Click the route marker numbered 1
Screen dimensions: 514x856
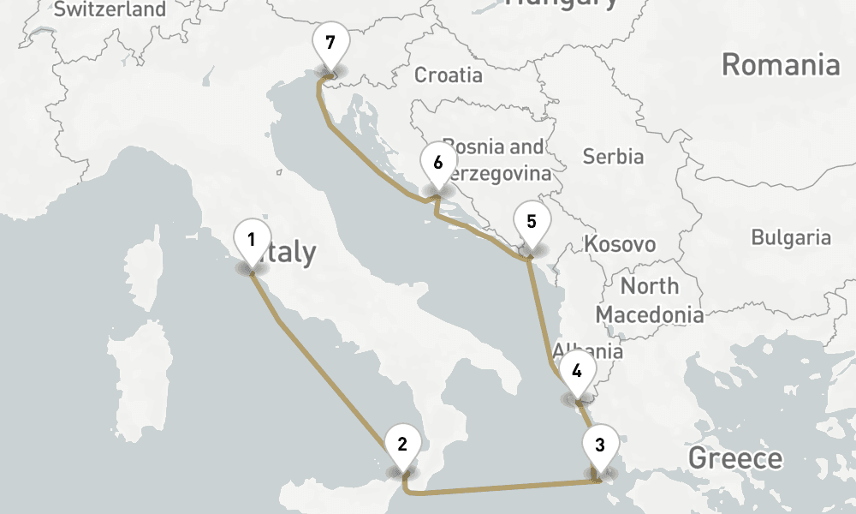(x=252, y=241)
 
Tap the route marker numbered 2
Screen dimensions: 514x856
(x=402, y=445)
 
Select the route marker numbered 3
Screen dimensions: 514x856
(x=599, y=445)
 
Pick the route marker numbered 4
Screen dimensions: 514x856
(x=577, y=372)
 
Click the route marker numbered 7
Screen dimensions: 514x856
(x=330, y=42)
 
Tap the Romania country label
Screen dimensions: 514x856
(x=780, y=65)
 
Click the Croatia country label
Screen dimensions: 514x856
(x=448, y=75)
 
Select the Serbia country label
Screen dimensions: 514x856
(x=613, y=157)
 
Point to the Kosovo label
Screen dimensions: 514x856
(x=620, y=244)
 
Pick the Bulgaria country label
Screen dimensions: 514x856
(x=791, y=237)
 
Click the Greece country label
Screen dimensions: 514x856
(x=735, y=458)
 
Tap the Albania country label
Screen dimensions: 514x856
(x=591, y=350)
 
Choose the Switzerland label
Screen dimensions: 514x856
(x=110, y=10)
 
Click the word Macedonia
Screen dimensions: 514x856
(x=650, y=315)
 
